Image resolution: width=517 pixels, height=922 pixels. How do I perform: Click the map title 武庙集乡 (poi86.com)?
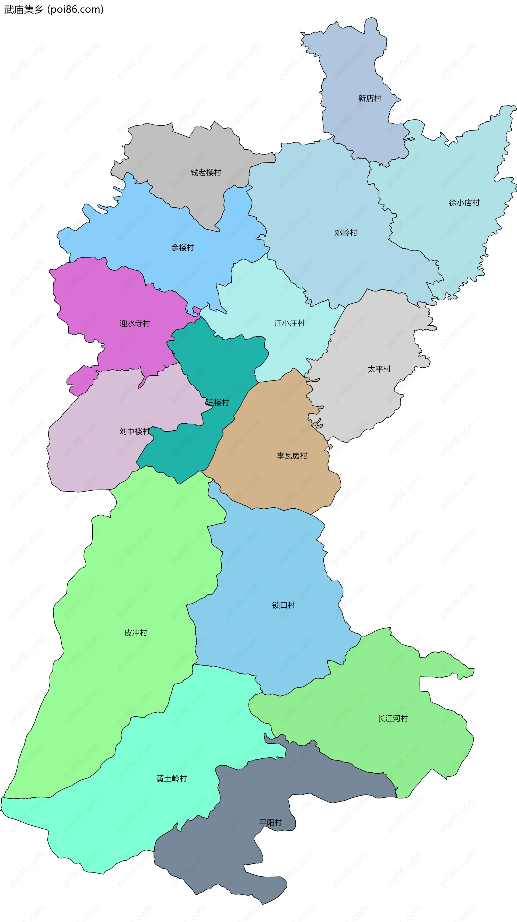(x=54, y=9)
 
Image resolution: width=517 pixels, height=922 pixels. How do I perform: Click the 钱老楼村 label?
(x=206, y=173)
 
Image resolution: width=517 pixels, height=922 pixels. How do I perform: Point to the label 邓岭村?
(x=345, y=233)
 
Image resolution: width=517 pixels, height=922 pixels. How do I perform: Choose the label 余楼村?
(x=182, y=247)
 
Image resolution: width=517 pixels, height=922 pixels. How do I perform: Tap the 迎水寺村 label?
(x=135, y=323)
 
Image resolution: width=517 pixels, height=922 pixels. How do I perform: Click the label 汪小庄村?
(x=289, y=323)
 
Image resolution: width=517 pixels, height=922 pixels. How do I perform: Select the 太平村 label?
(x=379, y=369)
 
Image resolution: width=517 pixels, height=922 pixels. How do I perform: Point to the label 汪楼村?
(x=217, y=402)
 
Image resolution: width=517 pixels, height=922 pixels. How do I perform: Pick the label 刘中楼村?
(x=134, y=431)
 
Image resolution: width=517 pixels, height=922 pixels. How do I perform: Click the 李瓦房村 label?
(x=292, y=456)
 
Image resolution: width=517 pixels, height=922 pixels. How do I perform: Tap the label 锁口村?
(x=283, y=605)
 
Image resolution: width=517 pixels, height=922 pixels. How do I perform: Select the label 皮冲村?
(x=136, y=632)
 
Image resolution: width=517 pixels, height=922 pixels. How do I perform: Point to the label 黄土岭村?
(x=172, y=778)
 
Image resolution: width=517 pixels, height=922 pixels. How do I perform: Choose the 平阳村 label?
(x=270, y=822)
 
